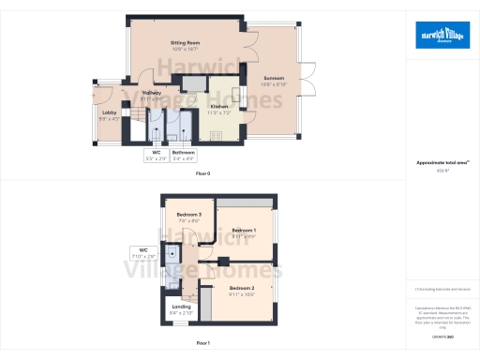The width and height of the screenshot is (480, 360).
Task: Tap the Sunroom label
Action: point(273,82)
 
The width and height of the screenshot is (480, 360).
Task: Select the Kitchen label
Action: point(219,109)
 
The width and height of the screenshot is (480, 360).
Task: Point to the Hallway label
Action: point(152,95)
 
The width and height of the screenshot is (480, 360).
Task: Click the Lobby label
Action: point(109,115)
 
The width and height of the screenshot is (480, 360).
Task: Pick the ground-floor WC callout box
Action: point(155,155)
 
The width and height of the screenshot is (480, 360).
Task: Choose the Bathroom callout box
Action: point(184,155)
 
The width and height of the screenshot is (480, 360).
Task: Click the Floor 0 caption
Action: point(202,174)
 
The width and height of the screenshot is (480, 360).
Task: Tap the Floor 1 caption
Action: point(202,344)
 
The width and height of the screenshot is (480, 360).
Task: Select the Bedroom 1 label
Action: point(244,232)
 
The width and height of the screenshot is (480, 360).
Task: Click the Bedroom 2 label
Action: point(242,291)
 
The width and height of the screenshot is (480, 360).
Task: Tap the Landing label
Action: point(182,312)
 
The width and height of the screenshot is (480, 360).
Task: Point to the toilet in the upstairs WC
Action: point(173,253)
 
